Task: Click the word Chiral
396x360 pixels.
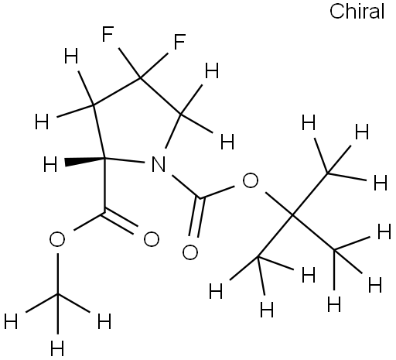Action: (357, 12)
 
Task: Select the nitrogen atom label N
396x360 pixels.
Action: (159, 164)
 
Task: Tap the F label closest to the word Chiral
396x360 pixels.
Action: (179, 41)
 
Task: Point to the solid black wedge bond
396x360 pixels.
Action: (85, 161)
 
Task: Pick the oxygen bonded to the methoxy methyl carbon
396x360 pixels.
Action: (57, 239)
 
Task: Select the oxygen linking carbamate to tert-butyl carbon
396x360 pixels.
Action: (250, 180)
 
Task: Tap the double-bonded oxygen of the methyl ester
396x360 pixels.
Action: (152, 239)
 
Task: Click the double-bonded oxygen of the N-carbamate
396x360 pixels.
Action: (190, 252)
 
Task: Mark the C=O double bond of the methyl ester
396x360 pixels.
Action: (120, 223)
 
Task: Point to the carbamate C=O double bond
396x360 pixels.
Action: (196, 218)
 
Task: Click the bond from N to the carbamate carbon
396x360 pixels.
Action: (186, 187)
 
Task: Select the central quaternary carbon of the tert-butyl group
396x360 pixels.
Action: (292, 214)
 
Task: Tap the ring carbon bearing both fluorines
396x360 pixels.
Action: (140, 77)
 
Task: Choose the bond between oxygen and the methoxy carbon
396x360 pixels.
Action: (57, 274)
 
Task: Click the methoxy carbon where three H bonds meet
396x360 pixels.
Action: (57, 294)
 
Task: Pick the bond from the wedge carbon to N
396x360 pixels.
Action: (125, 159)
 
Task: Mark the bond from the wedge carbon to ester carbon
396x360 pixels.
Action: (105, 185)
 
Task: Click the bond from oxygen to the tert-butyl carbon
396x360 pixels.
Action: (279, 203)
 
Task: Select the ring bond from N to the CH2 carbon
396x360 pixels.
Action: (173, 131)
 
